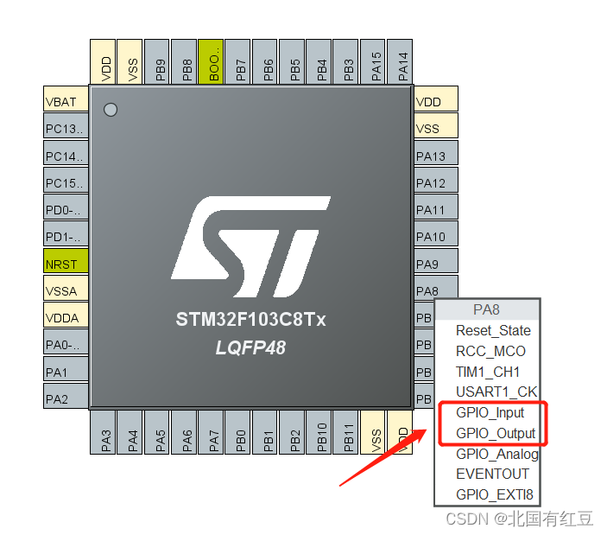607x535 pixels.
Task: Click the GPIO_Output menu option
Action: coord(496,433)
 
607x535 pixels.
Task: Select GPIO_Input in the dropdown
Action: coord(490,412)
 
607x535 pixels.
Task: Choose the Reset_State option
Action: coord(493,330)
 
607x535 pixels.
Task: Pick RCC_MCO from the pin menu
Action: coord(490,351)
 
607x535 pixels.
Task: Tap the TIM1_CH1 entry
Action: coord(488,372)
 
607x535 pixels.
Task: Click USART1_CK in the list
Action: coord(496,392)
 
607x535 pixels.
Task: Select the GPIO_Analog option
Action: coord(496,454)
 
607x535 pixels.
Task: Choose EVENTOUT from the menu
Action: coord(492,474)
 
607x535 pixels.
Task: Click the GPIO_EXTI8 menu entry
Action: coord(495,495)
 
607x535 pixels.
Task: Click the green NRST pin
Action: coord(66,264)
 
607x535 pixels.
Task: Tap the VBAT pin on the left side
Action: coord(66,101)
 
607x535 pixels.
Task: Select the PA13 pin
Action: coord(435,156)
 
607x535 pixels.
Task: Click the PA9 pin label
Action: coord(435,264)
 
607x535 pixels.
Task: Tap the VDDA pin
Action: coord(66,317)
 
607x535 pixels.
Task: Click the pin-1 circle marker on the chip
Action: coord(110,110)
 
